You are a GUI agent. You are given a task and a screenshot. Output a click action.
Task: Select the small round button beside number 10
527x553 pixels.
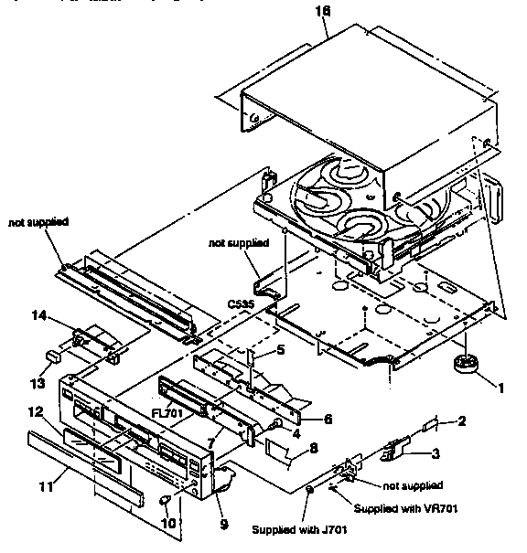(x=165, y=500)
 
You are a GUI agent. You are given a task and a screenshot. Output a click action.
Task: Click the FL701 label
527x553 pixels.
(x=167, y=414)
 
